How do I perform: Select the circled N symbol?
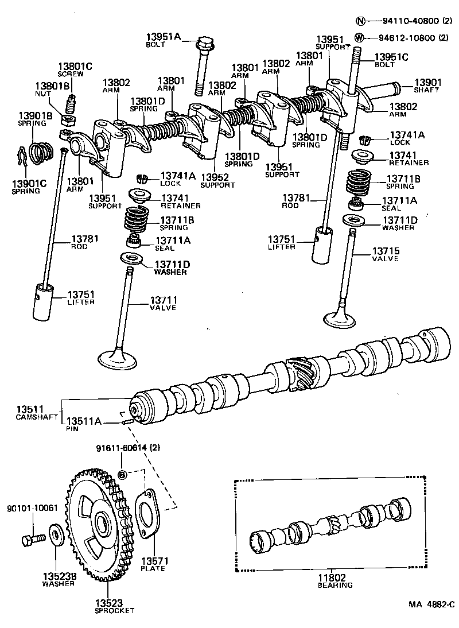pos(360,21)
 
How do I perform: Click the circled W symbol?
pos(360,38)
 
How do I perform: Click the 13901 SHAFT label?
pos(427,86)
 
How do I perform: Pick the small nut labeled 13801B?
pos(67,120)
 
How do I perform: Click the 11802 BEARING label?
pos(334,582)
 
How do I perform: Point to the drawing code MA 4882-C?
pos(431,604)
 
